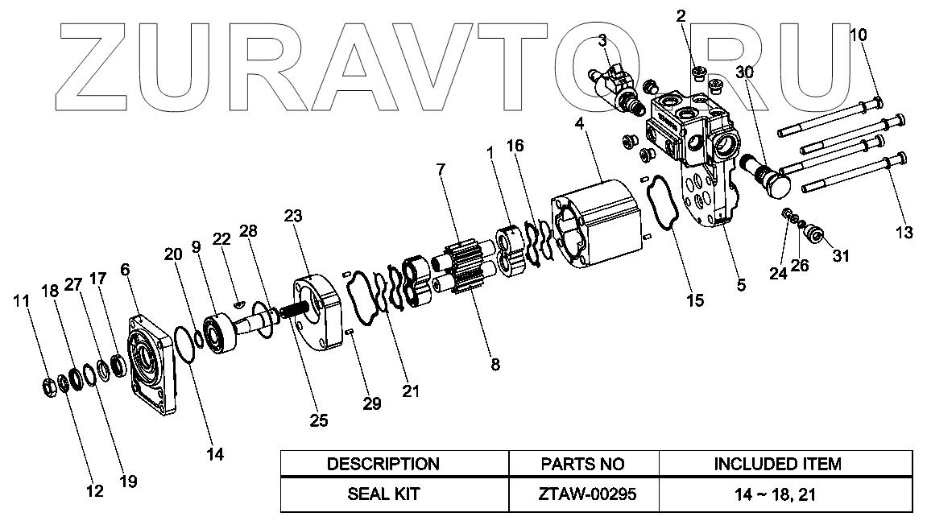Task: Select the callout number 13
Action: (x=904, y=234)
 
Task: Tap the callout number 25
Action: (x=318, y=419)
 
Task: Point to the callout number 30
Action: (x=745, y=72)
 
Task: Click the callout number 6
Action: (x=126, y=270)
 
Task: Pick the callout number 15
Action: (x=694, y=300)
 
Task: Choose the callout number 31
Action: (x=840, y=256)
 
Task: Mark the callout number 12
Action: (x=95, y=490)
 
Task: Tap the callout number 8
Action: (x=495, y=364)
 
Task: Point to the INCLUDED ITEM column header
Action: (x=777, y=464)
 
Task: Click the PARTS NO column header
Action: (x=583, y=464)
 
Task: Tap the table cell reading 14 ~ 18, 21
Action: (x=777, y=494)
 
